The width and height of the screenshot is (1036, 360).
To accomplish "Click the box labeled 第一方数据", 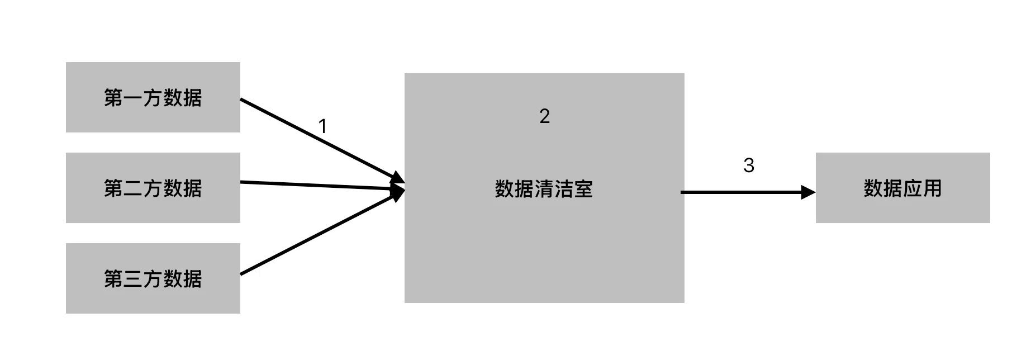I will (153, 97).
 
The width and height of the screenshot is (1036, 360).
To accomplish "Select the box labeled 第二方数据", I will (153, 188).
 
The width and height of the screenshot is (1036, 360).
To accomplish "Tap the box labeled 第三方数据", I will (153, 278).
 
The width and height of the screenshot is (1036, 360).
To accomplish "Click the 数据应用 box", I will (902, 188).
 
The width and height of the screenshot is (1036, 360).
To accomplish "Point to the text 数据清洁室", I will (544, 189).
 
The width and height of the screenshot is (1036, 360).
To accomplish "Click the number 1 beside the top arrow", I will (322, 126).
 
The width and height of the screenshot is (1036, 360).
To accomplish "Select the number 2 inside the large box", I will (545, 116).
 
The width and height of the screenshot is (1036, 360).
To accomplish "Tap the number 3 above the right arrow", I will (749, 165).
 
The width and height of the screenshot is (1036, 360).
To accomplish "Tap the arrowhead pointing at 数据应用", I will (809, 192).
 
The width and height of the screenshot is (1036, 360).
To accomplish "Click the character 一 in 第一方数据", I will (133, 98).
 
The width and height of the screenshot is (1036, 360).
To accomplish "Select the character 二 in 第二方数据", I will (133, 188).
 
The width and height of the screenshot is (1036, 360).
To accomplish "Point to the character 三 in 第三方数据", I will (133, 279).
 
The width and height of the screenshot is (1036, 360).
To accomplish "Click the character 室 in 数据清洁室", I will (583, 189).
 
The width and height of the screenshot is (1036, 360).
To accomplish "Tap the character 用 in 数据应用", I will (932, 188).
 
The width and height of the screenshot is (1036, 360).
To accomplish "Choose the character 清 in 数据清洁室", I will (544, 189).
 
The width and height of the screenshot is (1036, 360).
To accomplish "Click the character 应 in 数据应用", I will (913, 188).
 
